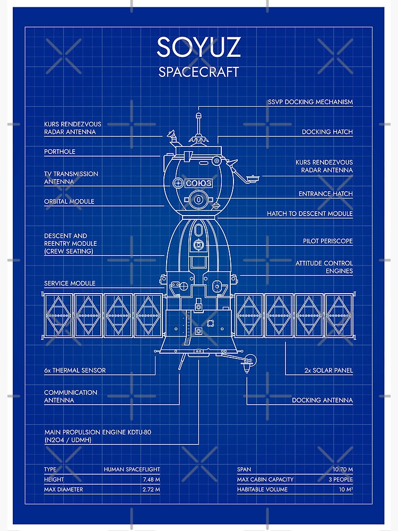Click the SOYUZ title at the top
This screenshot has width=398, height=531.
tap(198, 47)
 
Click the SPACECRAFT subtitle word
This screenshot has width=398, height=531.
tap(198, 72)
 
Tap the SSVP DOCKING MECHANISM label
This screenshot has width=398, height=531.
tap(310, 102)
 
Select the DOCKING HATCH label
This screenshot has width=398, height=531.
tap(327, 132)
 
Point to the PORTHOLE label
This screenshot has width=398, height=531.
tap(59, 151)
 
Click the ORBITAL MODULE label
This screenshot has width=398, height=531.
tap(69, 201)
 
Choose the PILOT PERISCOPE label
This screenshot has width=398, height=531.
tap(327, 241)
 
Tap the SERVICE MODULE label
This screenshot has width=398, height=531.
tap(70, 283)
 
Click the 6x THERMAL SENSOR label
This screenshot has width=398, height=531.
tap(75, 370)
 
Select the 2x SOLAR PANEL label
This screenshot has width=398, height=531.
tap(328, 370)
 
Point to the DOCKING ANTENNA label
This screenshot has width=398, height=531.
tap(322, 400)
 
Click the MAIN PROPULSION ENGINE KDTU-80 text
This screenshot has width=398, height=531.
tap(98, 432)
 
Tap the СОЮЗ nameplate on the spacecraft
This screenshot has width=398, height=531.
tap(198, 183)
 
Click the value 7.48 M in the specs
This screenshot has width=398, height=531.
tap(151, 479)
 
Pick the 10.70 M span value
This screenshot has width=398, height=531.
tap(343, 469)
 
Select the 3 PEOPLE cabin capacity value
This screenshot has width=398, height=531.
tap(341, 479)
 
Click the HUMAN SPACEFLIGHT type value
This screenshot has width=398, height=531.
tap(132, 469)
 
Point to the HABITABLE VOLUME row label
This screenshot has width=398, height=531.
tap(262, 490)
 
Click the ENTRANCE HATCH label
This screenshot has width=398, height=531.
tap(326, 194)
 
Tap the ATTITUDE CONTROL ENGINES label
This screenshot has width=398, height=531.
tap(324, 267)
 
